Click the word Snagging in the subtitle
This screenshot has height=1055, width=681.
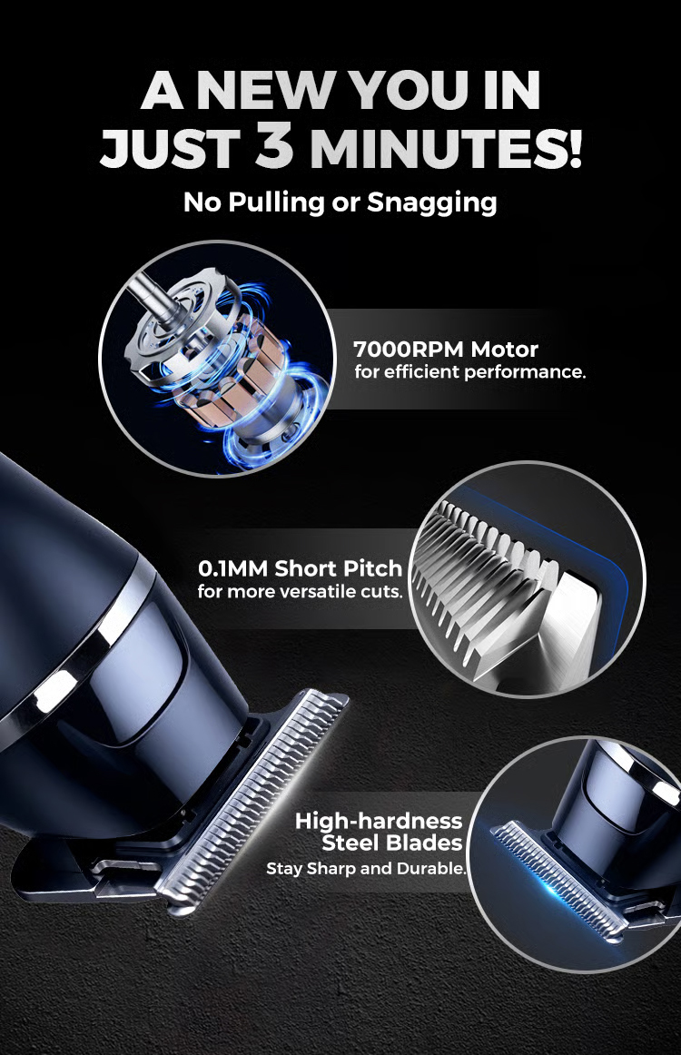[431, 202]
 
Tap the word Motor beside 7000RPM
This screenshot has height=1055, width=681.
[506, 349]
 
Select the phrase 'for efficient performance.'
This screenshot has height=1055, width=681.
[469, 372]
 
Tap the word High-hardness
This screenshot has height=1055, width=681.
[379, 822]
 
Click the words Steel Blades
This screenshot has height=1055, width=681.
[392, 844]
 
